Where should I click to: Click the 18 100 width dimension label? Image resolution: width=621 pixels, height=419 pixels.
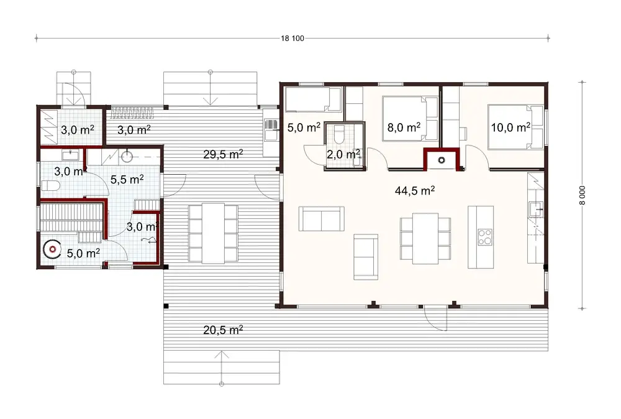pos(292,39)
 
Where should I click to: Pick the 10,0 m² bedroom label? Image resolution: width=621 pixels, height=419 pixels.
pos(510,127)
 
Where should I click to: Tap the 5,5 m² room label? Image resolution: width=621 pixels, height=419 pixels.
pos(127,179)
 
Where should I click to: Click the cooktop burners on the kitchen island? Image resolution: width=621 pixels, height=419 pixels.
pos(485,237)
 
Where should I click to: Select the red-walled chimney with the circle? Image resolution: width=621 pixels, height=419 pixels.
pos(442,160)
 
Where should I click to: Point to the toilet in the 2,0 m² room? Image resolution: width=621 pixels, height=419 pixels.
pos(339,133)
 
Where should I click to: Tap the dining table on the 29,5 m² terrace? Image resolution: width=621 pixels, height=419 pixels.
pos(213,233)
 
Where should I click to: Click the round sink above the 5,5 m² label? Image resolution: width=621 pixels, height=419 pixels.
pos(128,155)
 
